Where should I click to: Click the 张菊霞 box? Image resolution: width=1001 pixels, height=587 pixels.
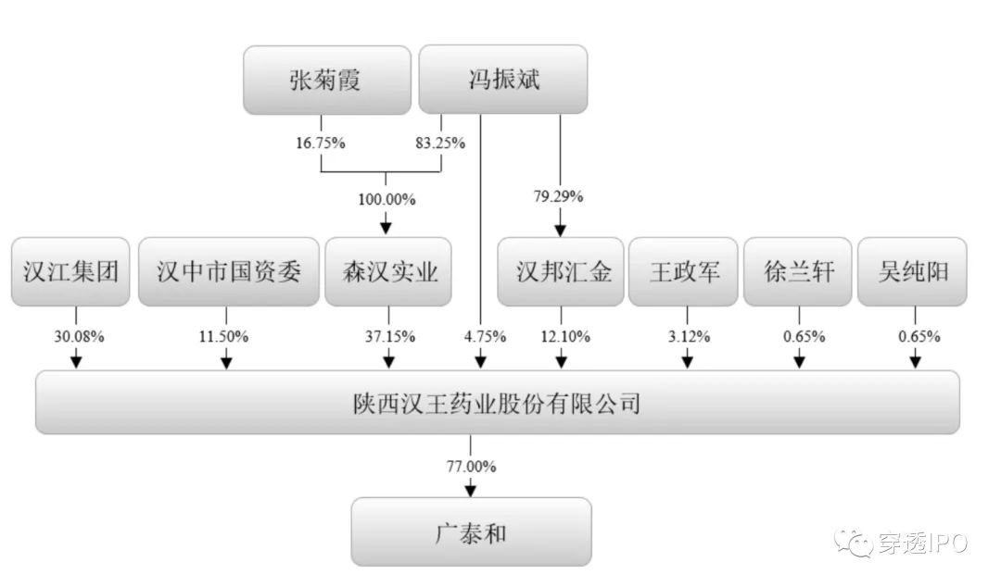(326, 81)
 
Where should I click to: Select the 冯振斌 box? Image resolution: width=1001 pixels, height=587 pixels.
(503, 81)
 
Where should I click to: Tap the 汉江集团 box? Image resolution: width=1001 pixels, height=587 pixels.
(71, 272)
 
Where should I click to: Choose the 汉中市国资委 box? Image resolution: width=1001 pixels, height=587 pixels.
(228, 272)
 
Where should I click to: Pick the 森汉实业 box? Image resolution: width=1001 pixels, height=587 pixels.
(387, 272)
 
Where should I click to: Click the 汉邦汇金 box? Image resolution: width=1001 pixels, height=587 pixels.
(559, 272)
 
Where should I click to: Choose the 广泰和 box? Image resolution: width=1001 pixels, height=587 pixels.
(471, 532)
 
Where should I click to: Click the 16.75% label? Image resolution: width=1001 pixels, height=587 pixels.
(320, 144)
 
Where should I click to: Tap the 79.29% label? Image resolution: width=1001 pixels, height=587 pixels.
(560, 196)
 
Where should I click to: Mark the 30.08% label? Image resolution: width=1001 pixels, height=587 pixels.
(78, 336)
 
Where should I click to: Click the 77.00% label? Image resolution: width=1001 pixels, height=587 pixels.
(471, 466)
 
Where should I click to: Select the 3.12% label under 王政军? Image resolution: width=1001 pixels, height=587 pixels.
(686, 336)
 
